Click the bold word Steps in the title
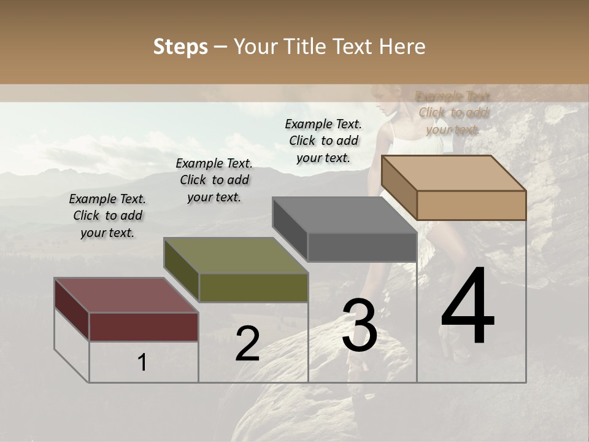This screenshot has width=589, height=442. coord(180,47)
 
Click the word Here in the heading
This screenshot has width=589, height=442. coord(401,47)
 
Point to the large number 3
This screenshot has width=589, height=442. coord(360,325)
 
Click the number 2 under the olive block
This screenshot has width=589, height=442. coord(247,344)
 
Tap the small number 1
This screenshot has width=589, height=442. coord(142,362)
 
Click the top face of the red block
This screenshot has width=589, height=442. coord(126,295)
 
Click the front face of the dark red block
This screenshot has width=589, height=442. coord(144,327)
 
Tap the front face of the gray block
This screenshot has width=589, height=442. coord(362,247)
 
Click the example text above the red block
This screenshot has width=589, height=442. coord(107,216)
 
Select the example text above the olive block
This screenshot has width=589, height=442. coord(214,180)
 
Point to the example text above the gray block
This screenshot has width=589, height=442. coord(323,141)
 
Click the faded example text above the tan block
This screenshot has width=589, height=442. coord(453,113)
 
